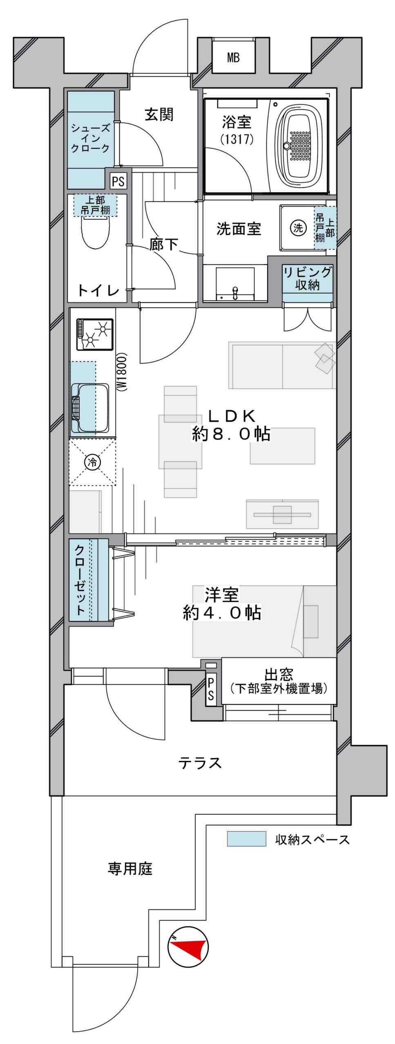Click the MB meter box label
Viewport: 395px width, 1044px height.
[x=233, y=58]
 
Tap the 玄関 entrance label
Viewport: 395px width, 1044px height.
[x=159, y=115]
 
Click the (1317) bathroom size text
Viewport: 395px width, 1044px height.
[x=237, y=139]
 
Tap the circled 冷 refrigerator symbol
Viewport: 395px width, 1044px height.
[x=92, y=462]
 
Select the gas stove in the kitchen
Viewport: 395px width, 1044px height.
[x=95, y=334]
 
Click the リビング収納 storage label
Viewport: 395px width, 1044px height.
[x=308, y=279]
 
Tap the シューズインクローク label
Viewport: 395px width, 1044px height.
[x=90, y=138]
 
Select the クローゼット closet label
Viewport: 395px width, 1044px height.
[x=80, y=580]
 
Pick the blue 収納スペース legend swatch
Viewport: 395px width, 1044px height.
[x=247, y=839]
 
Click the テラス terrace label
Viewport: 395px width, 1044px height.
[x=200, y=763]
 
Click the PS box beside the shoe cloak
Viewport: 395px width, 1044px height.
[x=118, y=181]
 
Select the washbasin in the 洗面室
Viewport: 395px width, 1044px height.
[x=235, y=283]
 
